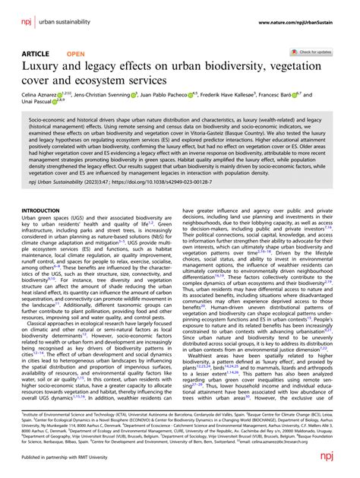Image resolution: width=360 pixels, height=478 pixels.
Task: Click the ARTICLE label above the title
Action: tap(36, 55)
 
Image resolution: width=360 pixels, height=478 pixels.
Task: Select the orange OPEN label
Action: tap(76, 55)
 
